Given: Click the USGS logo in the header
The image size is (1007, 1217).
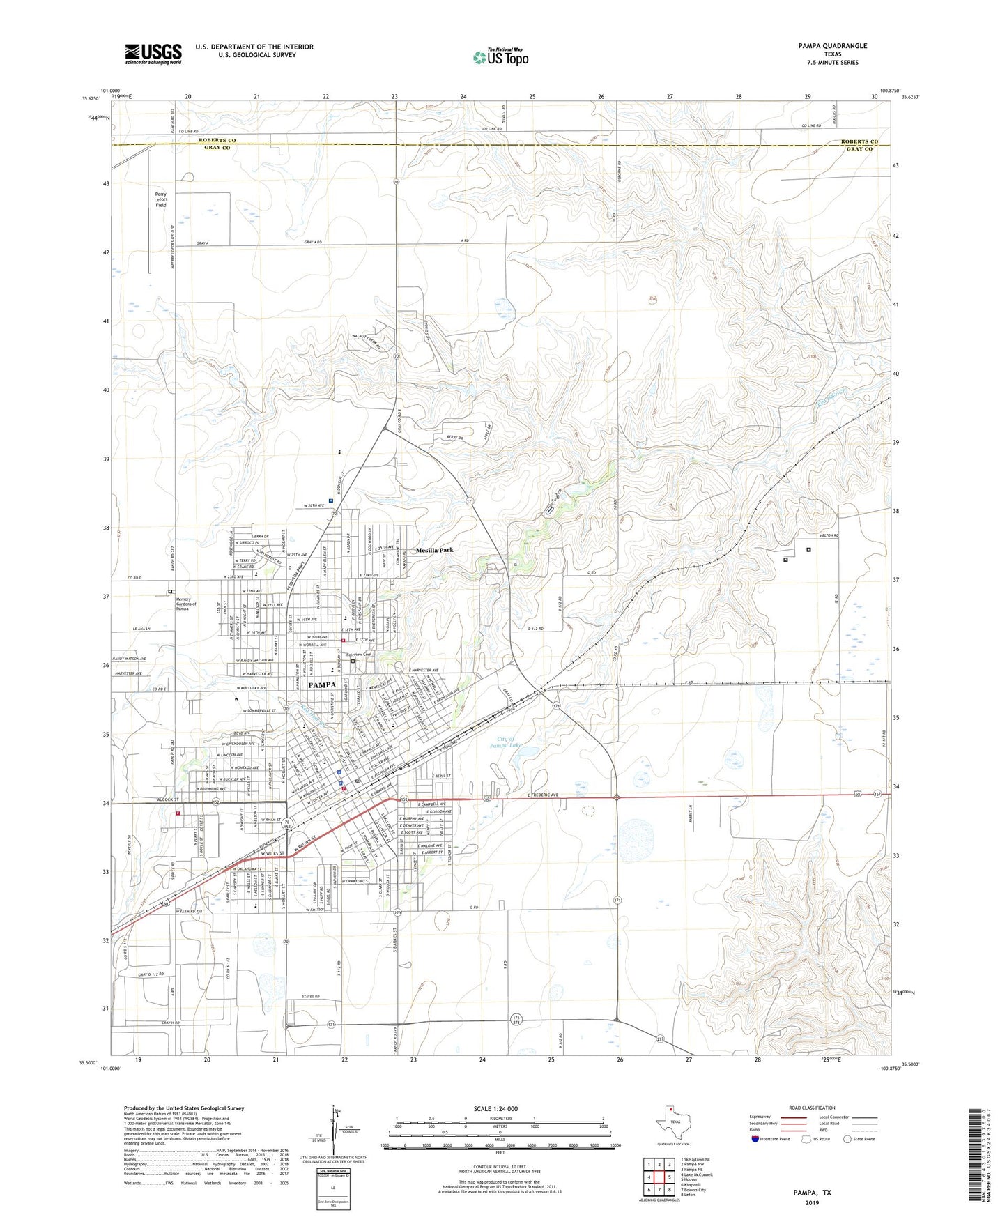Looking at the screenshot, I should click(x=153, y=53).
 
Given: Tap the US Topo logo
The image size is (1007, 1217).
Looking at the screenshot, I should click(x=500, y=57).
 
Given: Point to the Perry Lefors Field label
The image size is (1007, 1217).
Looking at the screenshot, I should click(x=161, y=199).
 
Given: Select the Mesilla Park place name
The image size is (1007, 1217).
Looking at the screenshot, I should click(x=434, y=550).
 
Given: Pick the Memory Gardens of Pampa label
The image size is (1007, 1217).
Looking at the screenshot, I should click(x=186, y=604).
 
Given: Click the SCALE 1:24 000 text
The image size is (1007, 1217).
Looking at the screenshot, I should click(x=499, y=1109).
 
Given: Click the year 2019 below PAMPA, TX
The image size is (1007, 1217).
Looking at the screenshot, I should click(x=812, y=1203).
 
